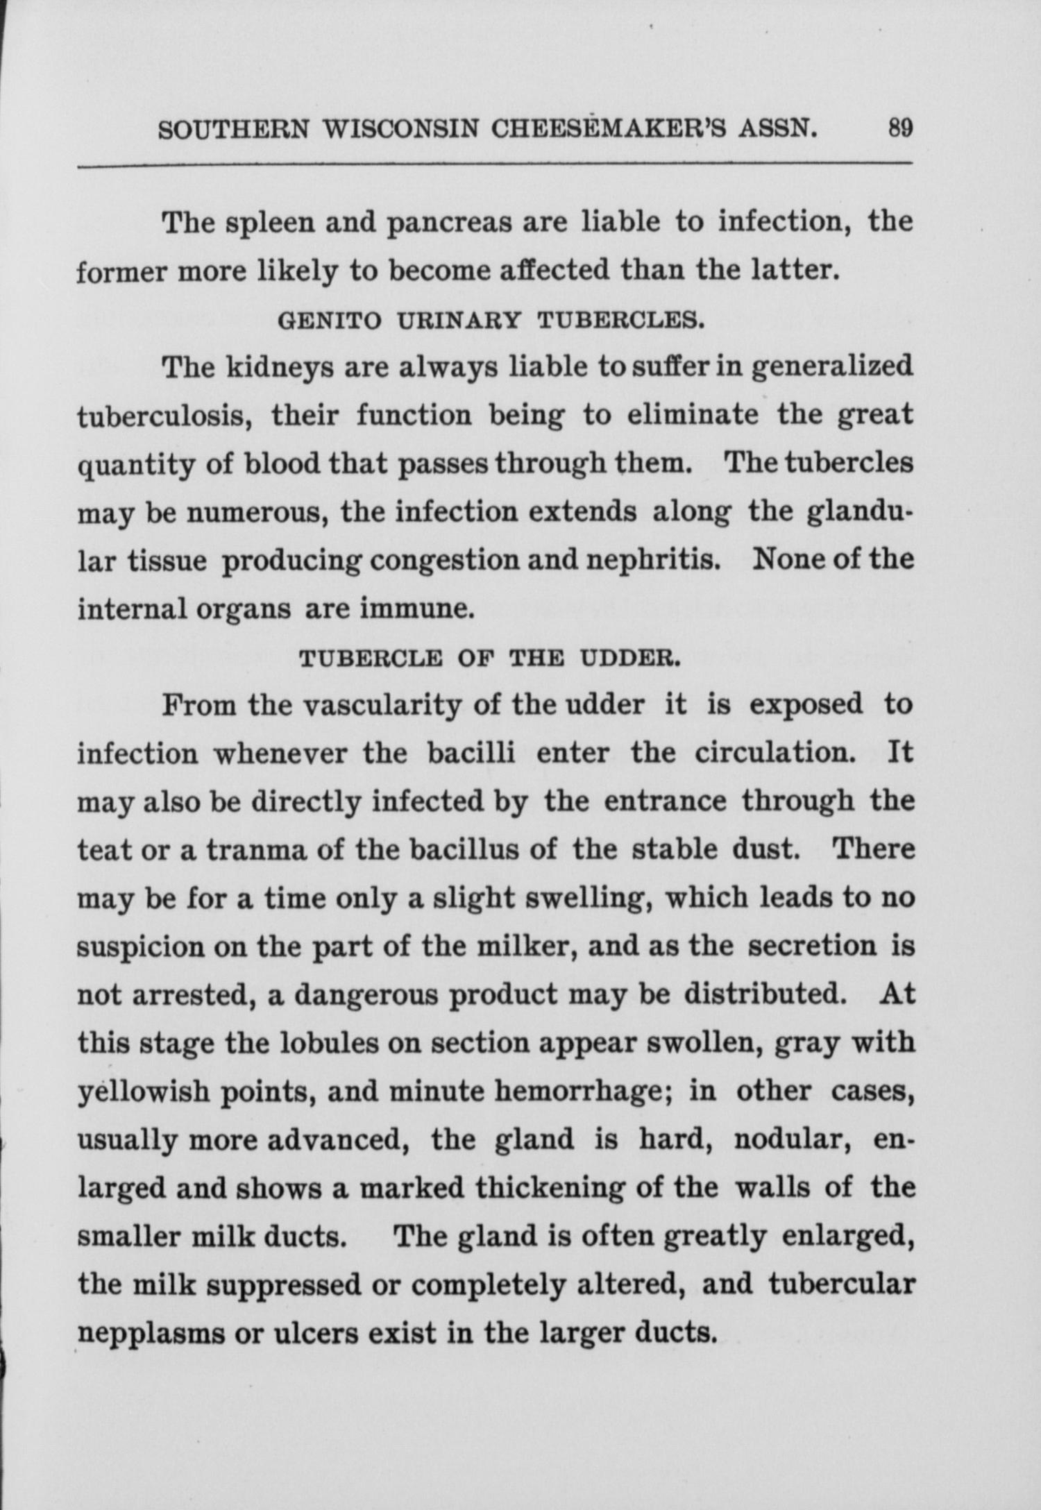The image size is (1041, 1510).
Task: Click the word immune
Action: [416, 609]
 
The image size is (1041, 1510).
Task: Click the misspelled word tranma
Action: [257, 850]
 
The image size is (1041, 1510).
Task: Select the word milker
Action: [528, 947]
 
